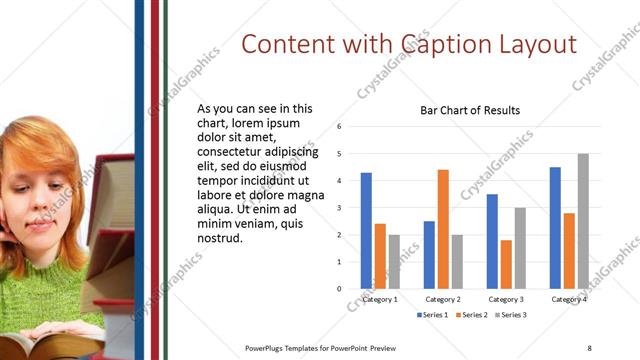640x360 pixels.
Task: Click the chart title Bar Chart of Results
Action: coord(470,110)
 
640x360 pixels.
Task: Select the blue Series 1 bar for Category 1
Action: coord(366,230)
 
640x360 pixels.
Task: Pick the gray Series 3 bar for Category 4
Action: coord(583,221)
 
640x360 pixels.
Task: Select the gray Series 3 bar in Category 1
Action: coord(394,261)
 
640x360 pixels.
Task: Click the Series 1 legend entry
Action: coord(433,315)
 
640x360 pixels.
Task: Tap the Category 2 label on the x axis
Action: coord(442,299)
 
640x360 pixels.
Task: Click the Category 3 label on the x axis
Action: coord(505,299)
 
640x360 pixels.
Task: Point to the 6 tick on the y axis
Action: coord(340,127)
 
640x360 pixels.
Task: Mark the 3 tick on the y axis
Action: coord(340,208)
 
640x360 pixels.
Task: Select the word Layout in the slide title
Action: coord(537,44)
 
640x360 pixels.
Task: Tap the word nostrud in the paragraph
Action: coord(221,238)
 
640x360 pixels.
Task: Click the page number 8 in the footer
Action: coord(589,348)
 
